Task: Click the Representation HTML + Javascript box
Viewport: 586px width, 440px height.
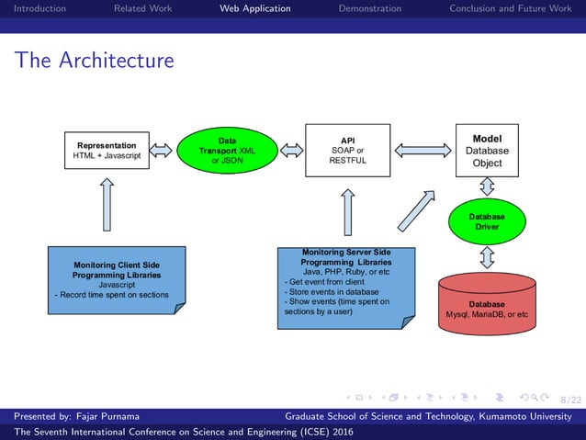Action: coord(107,151)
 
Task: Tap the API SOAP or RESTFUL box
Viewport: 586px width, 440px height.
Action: coord(347,150)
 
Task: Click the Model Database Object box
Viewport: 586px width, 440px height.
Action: coord(487,150)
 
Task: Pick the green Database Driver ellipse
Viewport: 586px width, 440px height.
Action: coord(487,221)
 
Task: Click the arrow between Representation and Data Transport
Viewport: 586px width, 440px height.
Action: coord(161,150)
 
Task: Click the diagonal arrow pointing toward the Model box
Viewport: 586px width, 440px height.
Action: coord(416,211)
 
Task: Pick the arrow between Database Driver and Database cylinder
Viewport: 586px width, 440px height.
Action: coord(487,256)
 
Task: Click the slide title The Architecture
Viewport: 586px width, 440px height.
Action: coord(94,61)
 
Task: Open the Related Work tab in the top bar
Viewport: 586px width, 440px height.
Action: coord(142,8)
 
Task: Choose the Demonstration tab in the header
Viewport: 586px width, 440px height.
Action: coord(369,8)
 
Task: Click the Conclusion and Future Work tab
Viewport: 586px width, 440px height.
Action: coord(510,8)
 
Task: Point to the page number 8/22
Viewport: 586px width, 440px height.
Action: coord(570,400)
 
